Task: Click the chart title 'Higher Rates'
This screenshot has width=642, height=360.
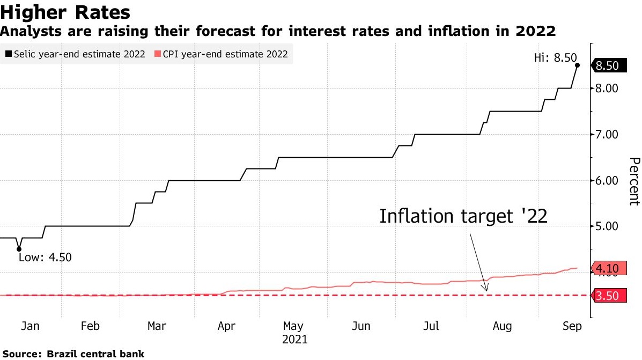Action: pyautogui.click(x=65, y=11)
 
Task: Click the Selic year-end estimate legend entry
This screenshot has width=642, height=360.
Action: pyautogui.click(x=76, y=54)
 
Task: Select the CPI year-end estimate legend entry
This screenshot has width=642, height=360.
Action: pyautogui.click(x=222, y=54)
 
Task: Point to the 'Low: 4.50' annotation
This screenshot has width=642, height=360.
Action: pyautogui.click(x=45, y=257)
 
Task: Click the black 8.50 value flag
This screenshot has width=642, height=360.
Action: pyautogui.click(x=608, y=66)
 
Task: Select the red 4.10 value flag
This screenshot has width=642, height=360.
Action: pyautogui.click(x=608, y=268)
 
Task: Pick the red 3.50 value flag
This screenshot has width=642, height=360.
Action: pyautogui.click(x=608, y=295)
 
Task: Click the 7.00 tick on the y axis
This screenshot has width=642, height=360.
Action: pyautogui.click(x=608, y=134)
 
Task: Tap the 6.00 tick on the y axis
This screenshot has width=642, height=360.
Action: pyautogui.click(x=608, y=180)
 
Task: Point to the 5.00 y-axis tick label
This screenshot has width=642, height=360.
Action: pyautogui.click(x=608, y=226)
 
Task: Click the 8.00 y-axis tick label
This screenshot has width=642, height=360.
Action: pyautogui.click(x=608, y=89)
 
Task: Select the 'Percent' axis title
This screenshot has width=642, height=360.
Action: pyautogui.click(x=634, y=181)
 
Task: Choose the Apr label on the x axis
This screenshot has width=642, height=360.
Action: pyautogui.click(x=227, y=326)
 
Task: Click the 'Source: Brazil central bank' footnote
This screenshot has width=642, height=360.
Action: pyautogui.click(x=73, y=354)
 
